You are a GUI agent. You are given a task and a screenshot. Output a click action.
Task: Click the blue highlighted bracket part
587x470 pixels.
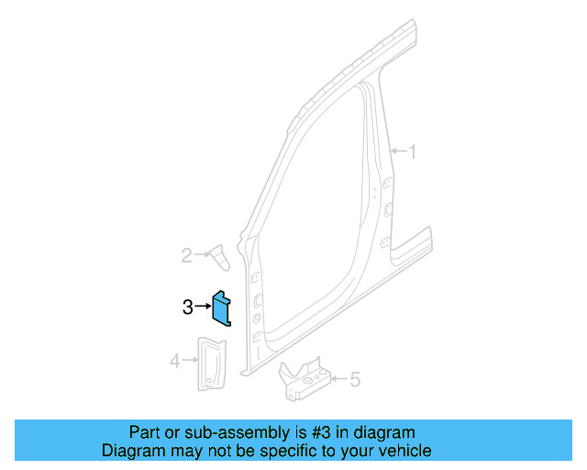point(223,309)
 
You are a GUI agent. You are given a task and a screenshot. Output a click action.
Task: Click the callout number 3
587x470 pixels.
point(187,308)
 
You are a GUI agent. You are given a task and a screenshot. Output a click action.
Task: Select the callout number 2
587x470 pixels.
point(186,255)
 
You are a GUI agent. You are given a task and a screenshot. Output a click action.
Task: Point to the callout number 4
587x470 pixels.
point(175,362)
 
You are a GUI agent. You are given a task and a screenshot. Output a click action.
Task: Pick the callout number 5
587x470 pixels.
point(355,378)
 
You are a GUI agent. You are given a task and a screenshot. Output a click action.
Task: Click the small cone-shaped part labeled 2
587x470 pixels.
point(220,258)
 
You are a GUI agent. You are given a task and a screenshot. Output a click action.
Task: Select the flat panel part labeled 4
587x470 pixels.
point(212,362)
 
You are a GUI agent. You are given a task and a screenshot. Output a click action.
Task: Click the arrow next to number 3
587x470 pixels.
point(203,308)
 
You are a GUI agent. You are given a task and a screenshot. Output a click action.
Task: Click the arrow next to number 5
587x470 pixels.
point(338,378)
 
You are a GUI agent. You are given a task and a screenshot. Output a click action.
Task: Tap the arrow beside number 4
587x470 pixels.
point(190,362)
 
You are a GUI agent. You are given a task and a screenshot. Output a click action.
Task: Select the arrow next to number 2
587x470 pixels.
point(201,255)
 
